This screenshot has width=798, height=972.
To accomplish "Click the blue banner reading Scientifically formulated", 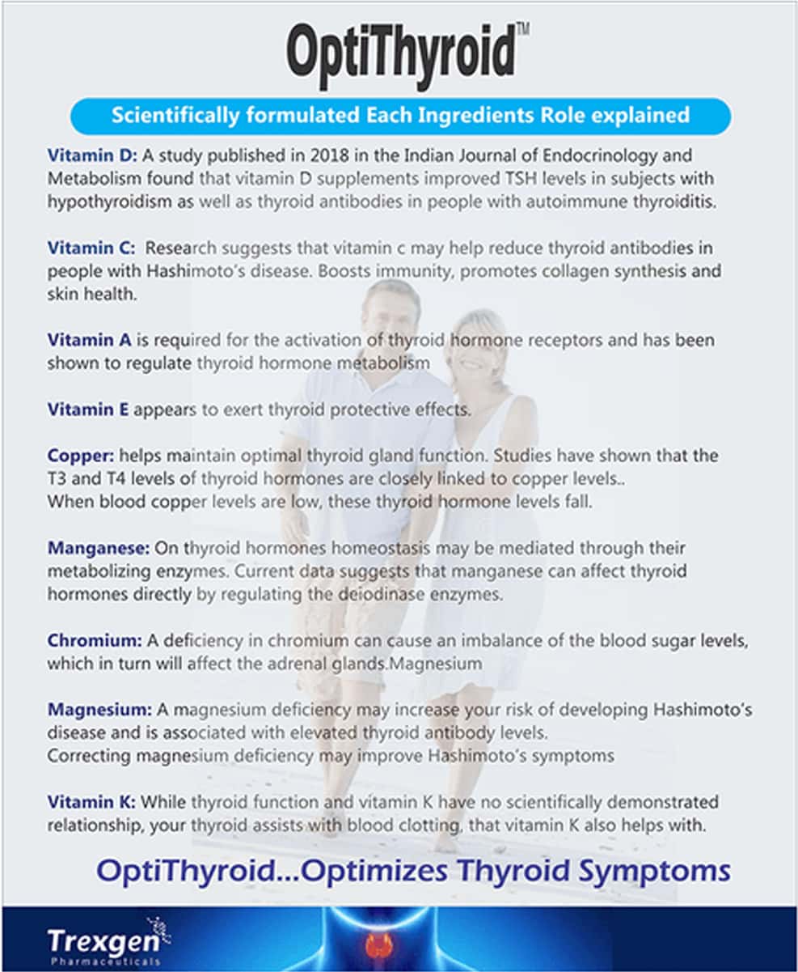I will (400, 115).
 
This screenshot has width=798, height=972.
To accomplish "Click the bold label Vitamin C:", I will (92, 248).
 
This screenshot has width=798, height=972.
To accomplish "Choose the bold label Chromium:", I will (95, 640).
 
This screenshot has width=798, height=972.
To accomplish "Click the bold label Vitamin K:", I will (92, 802).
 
